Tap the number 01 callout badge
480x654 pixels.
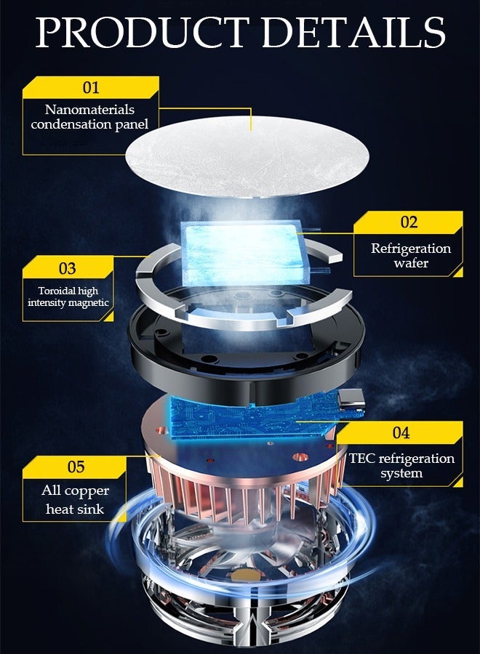pos(90,88)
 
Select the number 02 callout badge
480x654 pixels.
pos(409,222)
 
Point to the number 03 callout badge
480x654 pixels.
pos(67,268)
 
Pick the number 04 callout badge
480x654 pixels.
pos(401,432)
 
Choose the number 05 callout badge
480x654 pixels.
pos(76,466)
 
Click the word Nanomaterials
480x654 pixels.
pos(89,110)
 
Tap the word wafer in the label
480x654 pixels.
pos(411,263)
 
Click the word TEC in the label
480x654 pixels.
pos(362,459)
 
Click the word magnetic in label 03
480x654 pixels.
pos(90,302)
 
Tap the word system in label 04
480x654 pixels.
pos(401,474)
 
